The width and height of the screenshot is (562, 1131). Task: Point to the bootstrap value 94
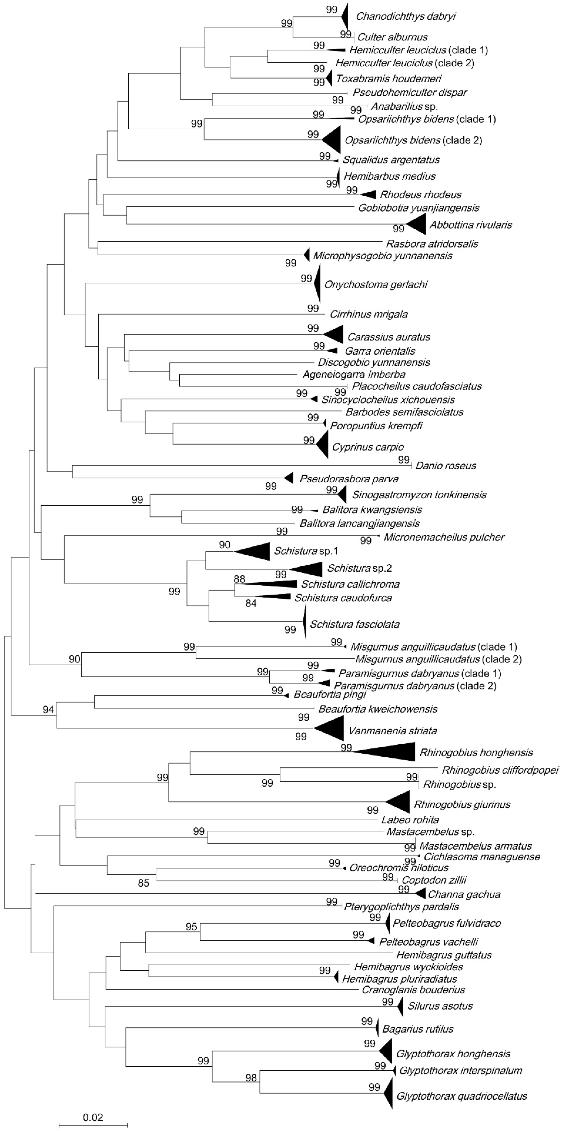[48, 709]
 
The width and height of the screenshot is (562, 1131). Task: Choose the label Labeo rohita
[410, 820]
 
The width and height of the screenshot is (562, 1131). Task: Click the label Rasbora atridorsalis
[432, 244]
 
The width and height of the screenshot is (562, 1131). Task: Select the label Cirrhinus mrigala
[369, 314]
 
